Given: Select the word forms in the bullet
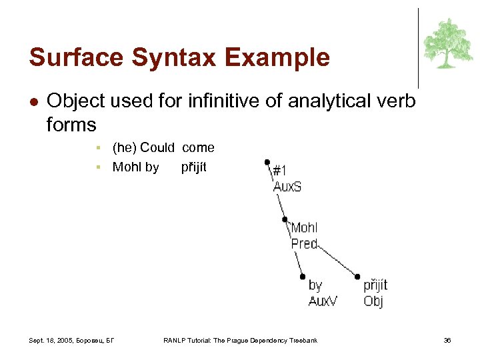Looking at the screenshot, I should point(71,125).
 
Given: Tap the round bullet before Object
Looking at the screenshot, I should point(33,102).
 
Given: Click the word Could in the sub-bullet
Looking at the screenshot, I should point(157,147).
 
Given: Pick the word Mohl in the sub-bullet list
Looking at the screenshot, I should point(127,167).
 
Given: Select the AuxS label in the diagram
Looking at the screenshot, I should point(287,187).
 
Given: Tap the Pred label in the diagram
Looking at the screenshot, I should point(304,244).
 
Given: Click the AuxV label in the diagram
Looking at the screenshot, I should point(323,301).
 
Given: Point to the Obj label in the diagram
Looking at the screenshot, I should point(373,301).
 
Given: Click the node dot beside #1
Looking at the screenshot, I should point(267,161).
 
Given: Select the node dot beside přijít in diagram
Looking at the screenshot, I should point(357,276).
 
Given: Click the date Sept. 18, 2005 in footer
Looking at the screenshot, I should point(52,341).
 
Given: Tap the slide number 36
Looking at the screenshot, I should point(447,341).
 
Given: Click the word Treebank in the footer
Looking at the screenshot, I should point(303,341).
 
